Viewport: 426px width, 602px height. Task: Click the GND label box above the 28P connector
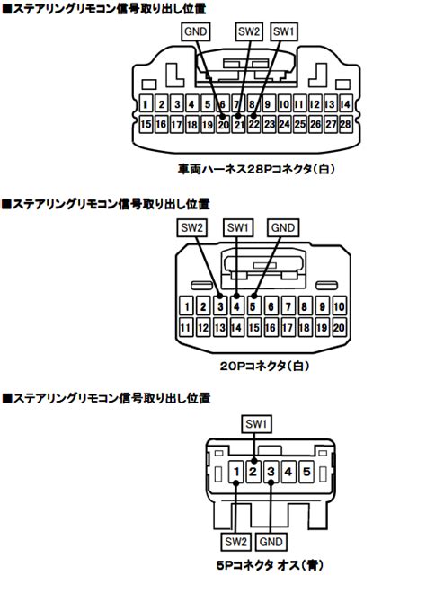tap(196, 31)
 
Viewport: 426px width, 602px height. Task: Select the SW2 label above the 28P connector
tap(249, 31)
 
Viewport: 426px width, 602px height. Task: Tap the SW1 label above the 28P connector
tap(284, 31)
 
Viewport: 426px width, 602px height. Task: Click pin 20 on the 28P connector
tap(223, 124)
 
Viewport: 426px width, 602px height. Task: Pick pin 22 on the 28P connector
tap(254, 124)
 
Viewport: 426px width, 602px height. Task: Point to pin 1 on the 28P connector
tap(146, 104)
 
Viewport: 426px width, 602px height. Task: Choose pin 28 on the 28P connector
tap(345, 124)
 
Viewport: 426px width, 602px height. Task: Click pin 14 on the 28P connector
tap(345, 104)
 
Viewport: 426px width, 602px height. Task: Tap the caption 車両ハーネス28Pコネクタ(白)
tap(256, 169)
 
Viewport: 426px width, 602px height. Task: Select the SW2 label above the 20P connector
tap(191, 227)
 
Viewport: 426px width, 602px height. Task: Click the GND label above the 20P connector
tap(283, 227)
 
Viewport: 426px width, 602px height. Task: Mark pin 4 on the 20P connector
tap(236, 306)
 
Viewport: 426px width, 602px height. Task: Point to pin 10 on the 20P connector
tap(339, 306)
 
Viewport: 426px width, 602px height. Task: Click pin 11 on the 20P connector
tap(185, 327)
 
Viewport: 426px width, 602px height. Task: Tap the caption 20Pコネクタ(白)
tap(264, 366)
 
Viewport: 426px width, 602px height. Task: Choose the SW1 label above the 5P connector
tap(256, 424)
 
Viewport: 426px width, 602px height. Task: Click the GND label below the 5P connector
tap(271, 542)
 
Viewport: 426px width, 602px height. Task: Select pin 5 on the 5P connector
tap(306, 472)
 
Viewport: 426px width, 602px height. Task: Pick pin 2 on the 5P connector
tap(253, 472)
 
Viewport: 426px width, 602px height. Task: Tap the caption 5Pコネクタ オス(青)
tap(270, 565)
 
